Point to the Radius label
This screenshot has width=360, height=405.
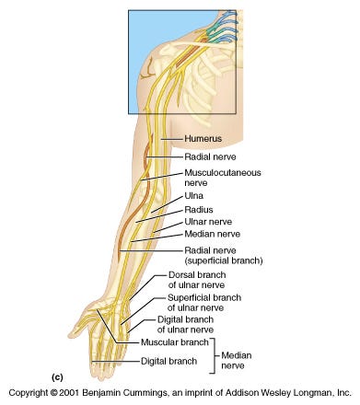198,209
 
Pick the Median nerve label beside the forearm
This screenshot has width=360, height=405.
212,235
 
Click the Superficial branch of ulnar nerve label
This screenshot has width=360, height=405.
203,304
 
